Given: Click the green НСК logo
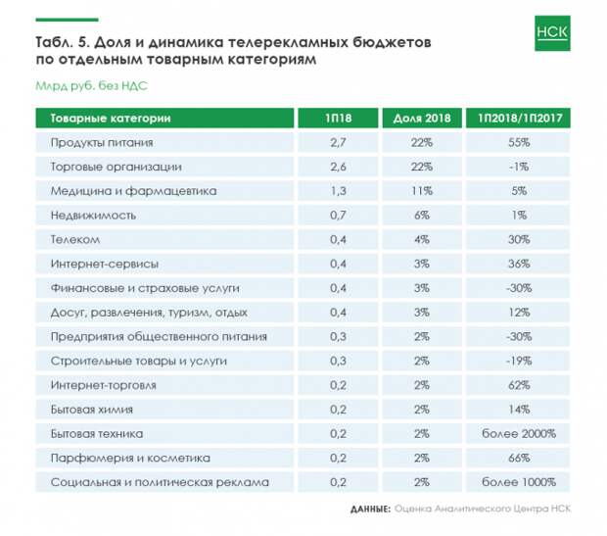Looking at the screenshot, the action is pos(552,33).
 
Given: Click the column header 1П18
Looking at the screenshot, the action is pos(338,118).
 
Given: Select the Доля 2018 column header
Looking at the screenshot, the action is pos(422,118).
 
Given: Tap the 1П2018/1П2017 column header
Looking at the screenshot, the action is pos(520,118).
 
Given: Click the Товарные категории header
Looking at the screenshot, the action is pos(111,119).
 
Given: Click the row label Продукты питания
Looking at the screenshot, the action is pos(102,143).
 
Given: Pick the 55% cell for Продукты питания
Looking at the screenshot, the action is pos(519,142).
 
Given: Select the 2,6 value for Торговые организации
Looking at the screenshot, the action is pos(338,167).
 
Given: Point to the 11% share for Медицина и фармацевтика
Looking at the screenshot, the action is pos(422,191).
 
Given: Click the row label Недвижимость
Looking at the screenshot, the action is pos(93,216).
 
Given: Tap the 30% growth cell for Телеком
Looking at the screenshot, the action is pos(519,239).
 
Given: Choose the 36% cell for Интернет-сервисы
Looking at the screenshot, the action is pos(519,264).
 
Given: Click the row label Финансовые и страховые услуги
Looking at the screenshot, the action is pos(145,288).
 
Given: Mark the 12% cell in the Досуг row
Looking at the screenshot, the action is pos(519,313).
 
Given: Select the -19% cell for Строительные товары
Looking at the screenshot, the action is pos(519,361).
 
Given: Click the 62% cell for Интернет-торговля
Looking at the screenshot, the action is pos(519,385).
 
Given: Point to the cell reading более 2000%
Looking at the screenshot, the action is pos(519,434).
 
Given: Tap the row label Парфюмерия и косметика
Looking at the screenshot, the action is pos(130,459).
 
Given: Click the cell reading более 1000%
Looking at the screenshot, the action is pos(519,482).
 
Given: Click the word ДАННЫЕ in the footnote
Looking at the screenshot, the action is pos(370,509).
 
